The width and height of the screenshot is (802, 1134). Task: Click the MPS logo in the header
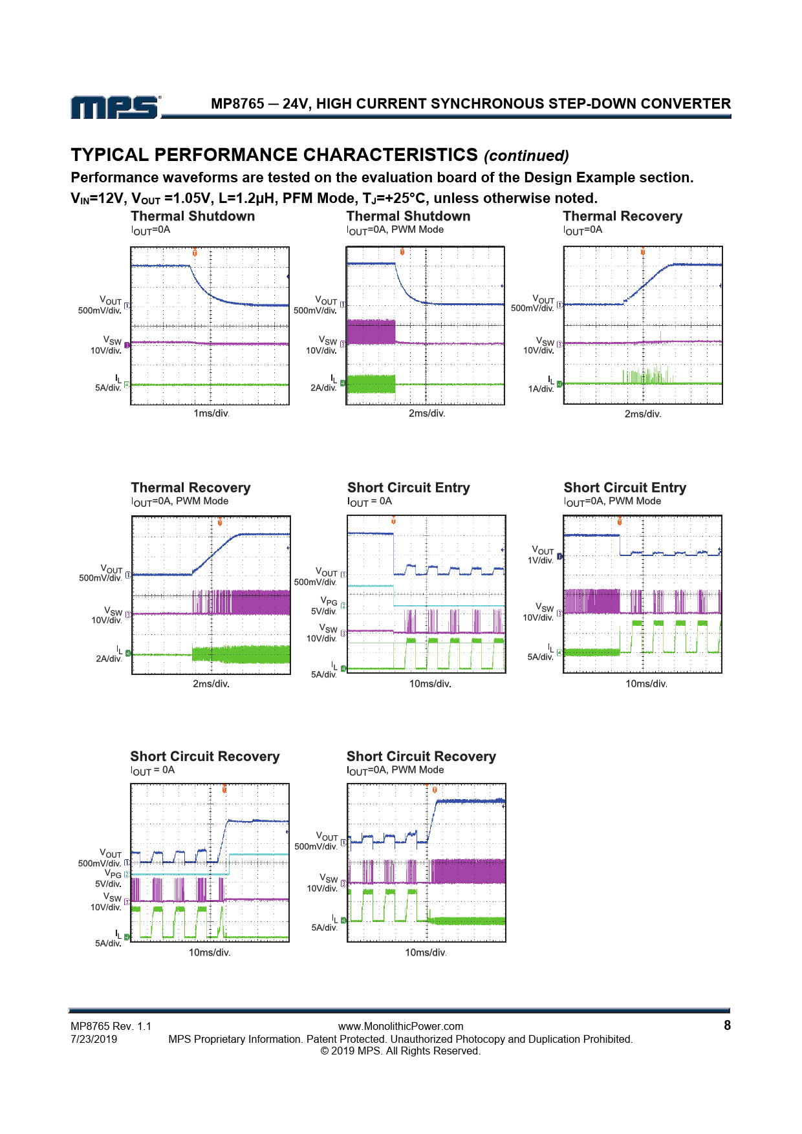pos(115,107)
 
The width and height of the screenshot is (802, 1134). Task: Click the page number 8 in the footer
pos(727,1025)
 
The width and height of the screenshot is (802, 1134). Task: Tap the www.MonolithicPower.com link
pos(400,1026)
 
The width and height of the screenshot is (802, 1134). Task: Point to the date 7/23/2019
pos(94,1039)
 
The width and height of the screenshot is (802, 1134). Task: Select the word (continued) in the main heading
pos(526,156)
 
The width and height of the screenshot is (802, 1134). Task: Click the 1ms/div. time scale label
pos(211,414)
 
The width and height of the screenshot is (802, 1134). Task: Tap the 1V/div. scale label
pos(540,561)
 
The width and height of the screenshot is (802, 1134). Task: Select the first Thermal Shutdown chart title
pos(193,217)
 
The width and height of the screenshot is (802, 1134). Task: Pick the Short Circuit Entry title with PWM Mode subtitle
pos(625,488)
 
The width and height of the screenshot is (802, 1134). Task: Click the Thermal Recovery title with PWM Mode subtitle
pos(191,488)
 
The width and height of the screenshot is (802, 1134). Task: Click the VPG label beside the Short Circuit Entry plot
pos(329,601)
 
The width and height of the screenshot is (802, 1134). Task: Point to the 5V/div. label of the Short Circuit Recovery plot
pos(108,884)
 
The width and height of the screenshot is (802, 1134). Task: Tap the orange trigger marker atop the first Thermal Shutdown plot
pos(195,253)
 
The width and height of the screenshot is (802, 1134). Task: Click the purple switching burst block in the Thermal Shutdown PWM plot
pos(371,332)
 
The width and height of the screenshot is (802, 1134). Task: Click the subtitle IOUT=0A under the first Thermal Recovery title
pos(583,230)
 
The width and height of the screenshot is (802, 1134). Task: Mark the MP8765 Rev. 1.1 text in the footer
pos(111,1026)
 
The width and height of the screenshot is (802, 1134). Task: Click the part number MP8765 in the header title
pos(237,104)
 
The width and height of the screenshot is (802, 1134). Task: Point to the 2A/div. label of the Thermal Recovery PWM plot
pos(109,659)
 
